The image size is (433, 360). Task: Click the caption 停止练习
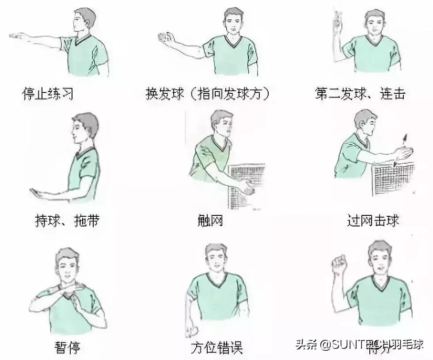[x=47, y=94]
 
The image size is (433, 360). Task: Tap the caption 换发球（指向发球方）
[x=207, y=94]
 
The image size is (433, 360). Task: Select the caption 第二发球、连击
[x=360, y=94]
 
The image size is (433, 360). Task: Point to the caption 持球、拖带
[x=67, y=220]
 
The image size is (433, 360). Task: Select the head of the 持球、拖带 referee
[x=85, y=127]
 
